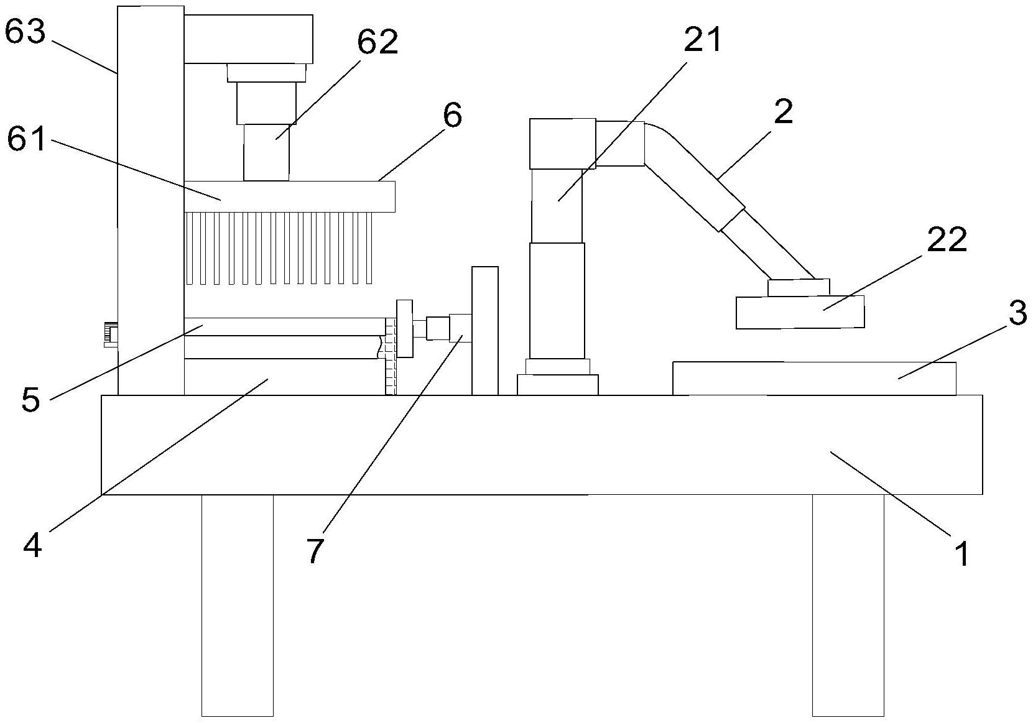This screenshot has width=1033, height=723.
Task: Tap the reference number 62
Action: (x=377, y=42)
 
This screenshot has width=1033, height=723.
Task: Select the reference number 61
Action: (x=27, y=139)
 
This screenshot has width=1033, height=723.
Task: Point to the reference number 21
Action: (x=703, y=40)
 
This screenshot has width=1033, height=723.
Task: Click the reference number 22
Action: (x=947, y=240)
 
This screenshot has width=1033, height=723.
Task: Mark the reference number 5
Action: (x=30, y=399)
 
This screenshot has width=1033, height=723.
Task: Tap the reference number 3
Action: (x=1017, y=313)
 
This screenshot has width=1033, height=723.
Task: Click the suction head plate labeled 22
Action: (x=800, y=312)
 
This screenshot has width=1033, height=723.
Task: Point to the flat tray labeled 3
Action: (x=814, y=378)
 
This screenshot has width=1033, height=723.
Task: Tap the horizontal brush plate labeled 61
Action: (x=289, y=196)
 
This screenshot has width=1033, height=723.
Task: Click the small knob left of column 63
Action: (x=111, y=334)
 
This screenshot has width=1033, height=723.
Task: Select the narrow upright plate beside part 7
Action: (x=484, y=330)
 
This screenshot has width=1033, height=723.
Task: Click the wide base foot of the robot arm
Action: (x=557, y=384)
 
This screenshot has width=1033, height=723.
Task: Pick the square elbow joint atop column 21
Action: (x=562, y=144)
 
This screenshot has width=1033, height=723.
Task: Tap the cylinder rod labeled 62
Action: (x=266, y=152)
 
